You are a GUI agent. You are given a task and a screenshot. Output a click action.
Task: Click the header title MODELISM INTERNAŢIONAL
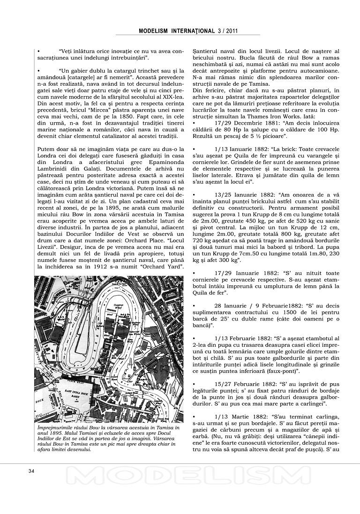tap(177, 31)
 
